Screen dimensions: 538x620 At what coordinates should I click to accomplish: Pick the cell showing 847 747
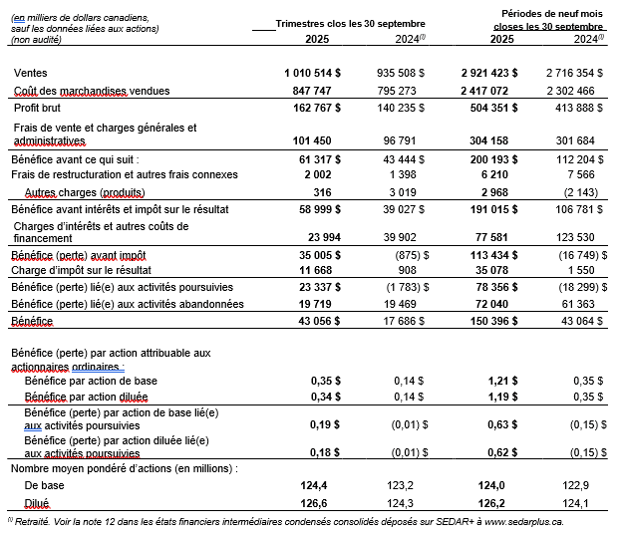pyautogui.click(x=311, y=91)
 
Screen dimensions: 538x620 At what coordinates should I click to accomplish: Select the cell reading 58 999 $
pyautogui.click(x=313, y=209)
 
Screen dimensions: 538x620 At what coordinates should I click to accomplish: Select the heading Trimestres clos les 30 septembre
pyautogui.click(x=350, y=23)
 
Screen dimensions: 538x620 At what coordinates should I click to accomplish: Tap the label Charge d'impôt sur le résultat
pyautogui.click(x=81, y=271)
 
